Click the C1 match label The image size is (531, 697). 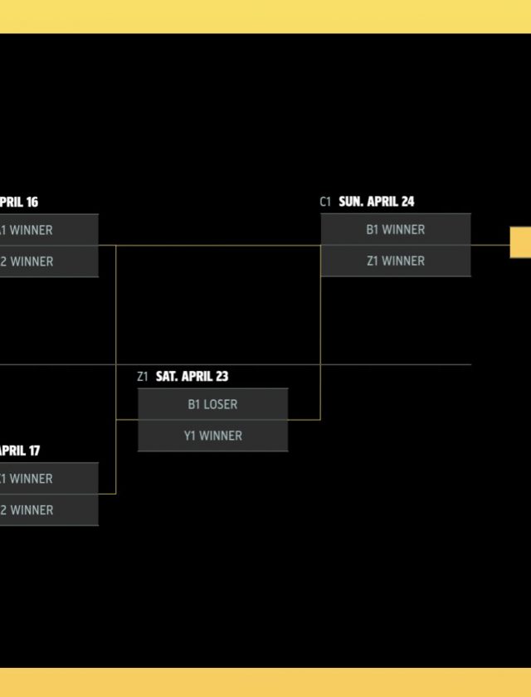point(325,202)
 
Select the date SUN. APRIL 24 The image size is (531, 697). point(377,202)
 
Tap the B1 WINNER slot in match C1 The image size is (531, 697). point(396,230)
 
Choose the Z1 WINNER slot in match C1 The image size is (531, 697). point(396,261)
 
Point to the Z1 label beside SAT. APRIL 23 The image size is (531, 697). point(143,377)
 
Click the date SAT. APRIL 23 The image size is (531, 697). point(192,377)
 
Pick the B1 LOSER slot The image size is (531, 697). point(212,405)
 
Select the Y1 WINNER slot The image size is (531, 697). point(212,436)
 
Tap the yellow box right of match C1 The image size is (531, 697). point(521,243)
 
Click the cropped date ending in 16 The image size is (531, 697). point(18,202)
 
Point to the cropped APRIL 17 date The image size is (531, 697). point(19,451)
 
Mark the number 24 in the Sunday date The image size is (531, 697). point(407,202)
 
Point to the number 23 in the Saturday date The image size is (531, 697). point(221,377)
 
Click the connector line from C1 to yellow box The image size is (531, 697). point(490,245)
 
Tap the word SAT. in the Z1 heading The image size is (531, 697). point(167,377)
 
